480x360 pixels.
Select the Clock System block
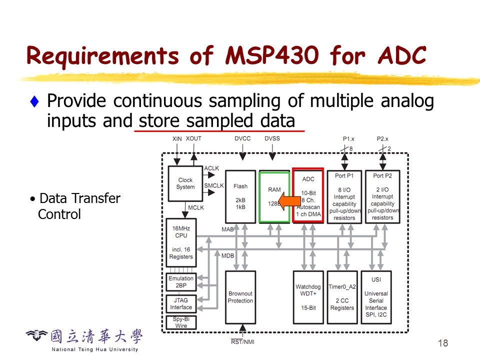point(185,183)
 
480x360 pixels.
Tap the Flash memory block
point(240,196)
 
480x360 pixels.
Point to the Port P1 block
point(344,196)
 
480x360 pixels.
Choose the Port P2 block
point(382,196)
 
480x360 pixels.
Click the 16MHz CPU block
point(181,242)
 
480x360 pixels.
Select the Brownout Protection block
point(240,297)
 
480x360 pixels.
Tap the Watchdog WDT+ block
point(308,297)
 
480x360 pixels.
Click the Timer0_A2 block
point(342,297)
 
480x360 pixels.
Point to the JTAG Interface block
point(181,303)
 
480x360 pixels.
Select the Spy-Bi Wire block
point(181,322)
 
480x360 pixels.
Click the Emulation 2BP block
point(181,282)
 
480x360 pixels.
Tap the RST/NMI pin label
point(242,342)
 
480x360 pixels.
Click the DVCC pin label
point(242,138)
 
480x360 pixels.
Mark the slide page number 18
point(442,343)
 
